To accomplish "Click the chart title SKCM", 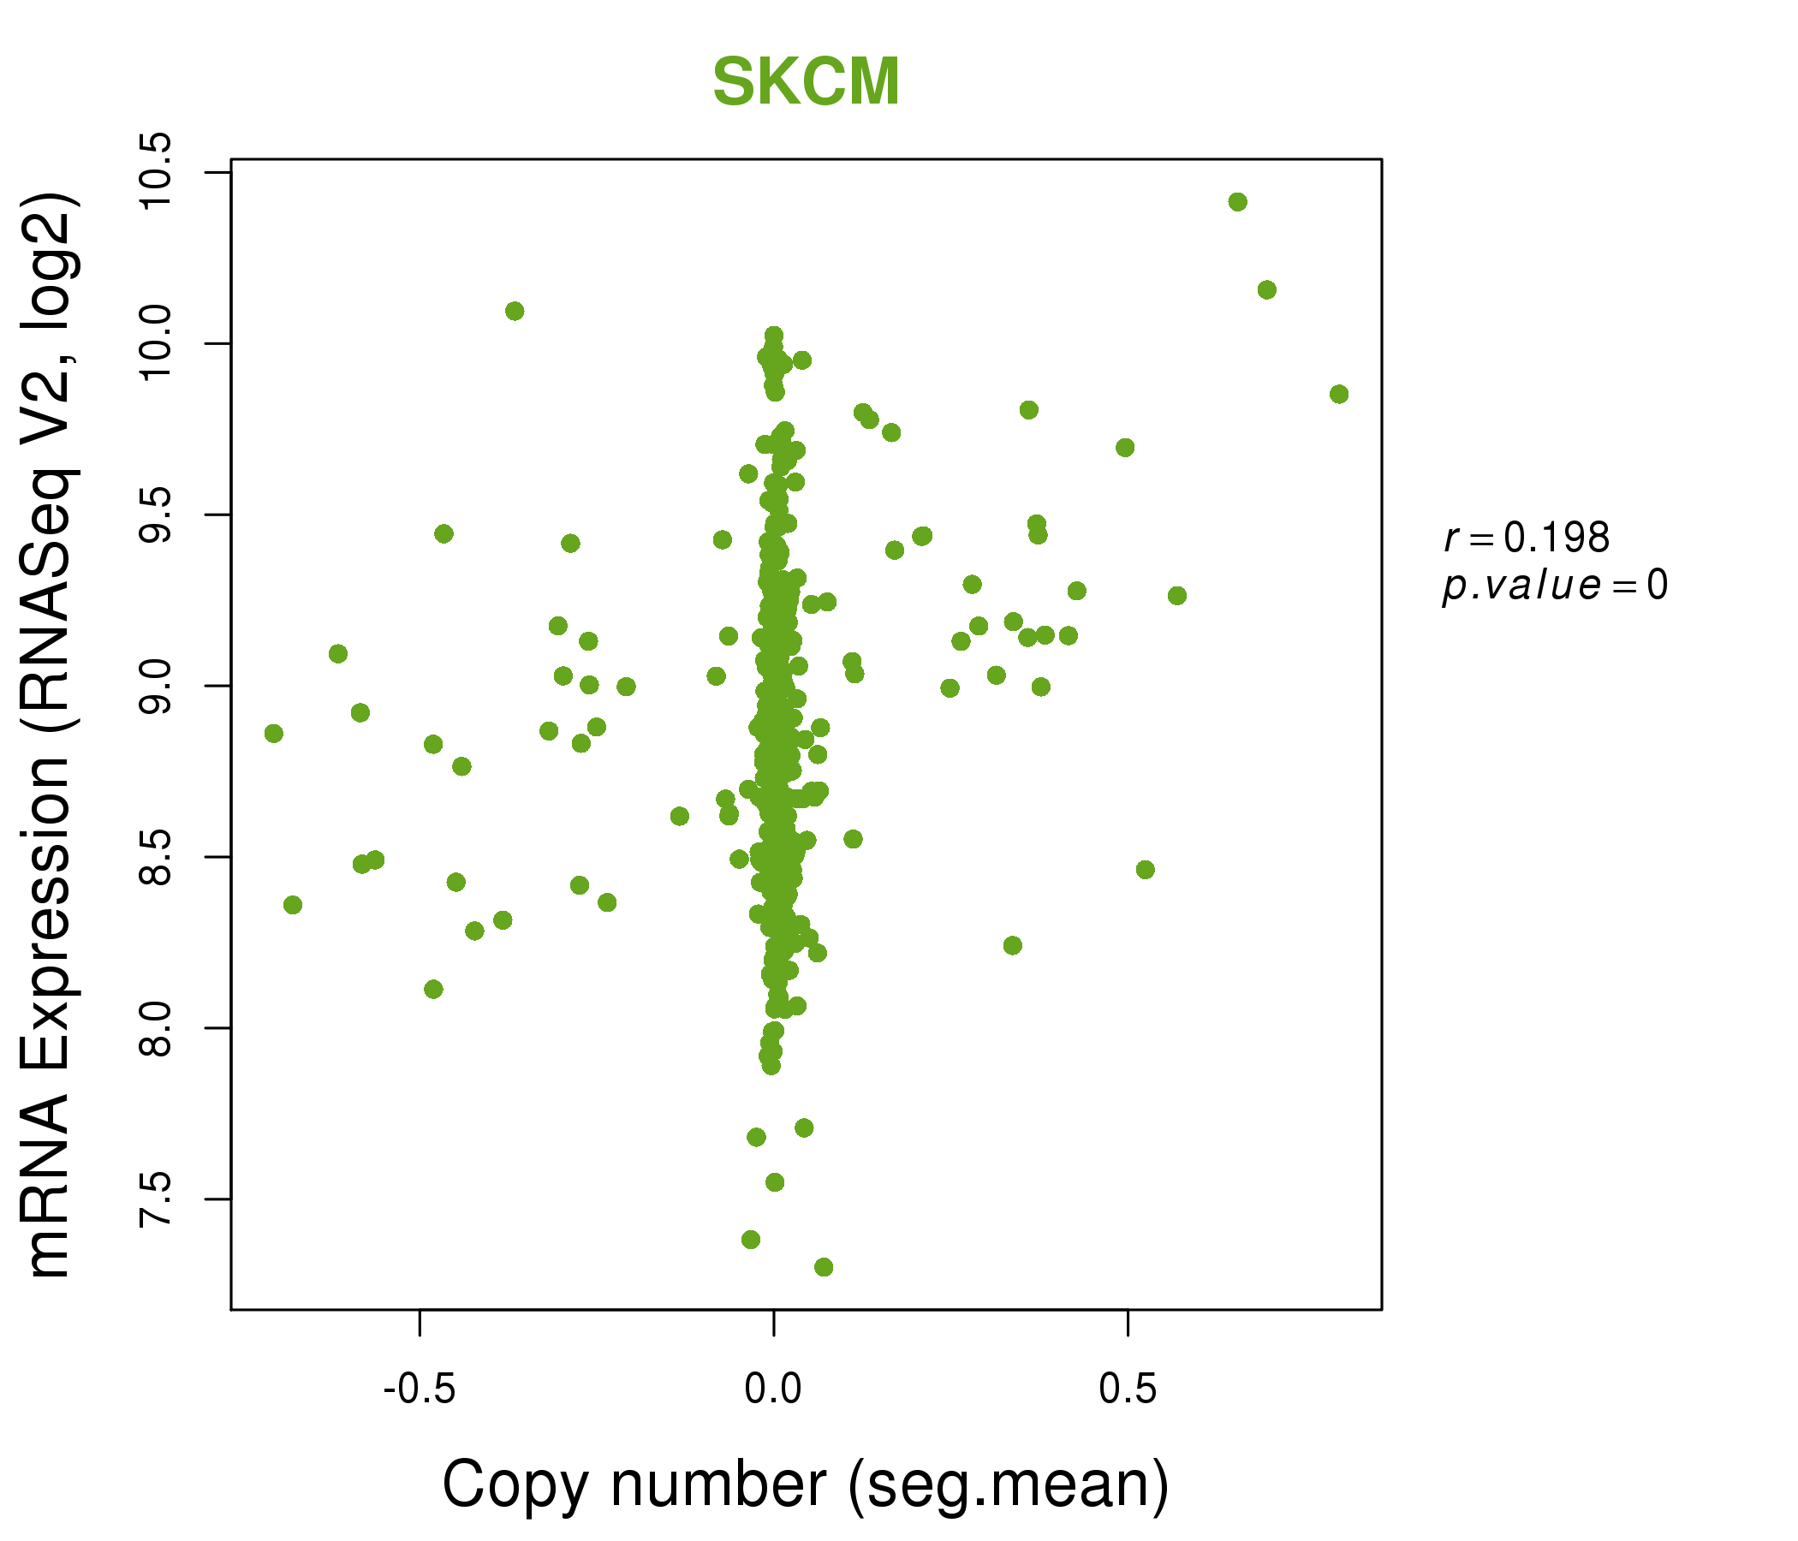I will tap(806, 82).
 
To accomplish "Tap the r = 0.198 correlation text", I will tap(1527, 538).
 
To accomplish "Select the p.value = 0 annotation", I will tap(1554, 586).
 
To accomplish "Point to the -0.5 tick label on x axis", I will tap(420, 1389).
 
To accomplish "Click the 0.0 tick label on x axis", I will tap(772, 1389).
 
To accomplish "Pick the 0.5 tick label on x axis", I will tap(1127, 1389).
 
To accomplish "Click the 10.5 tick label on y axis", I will tap(157, 173).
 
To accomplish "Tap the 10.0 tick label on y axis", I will tap(157, 343).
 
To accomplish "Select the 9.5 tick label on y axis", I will tap(157, 515).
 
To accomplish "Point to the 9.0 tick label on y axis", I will tap(157, 686).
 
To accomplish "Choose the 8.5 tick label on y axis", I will tap(157, 857).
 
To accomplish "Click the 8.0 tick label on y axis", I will tap(157, 1028).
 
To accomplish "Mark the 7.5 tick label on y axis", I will tap(157, 1199).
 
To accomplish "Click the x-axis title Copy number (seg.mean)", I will tap(806, 1484).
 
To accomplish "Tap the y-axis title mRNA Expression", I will tap(50, 735).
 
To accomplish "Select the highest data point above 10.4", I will tap(1237, 202).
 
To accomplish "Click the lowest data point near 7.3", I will tap(824, 1267).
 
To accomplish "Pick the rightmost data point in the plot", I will tap(1339, 394).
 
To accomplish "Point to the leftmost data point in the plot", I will tap(273, 733).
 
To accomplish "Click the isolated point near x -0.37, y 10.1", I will tap(515, 311).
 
